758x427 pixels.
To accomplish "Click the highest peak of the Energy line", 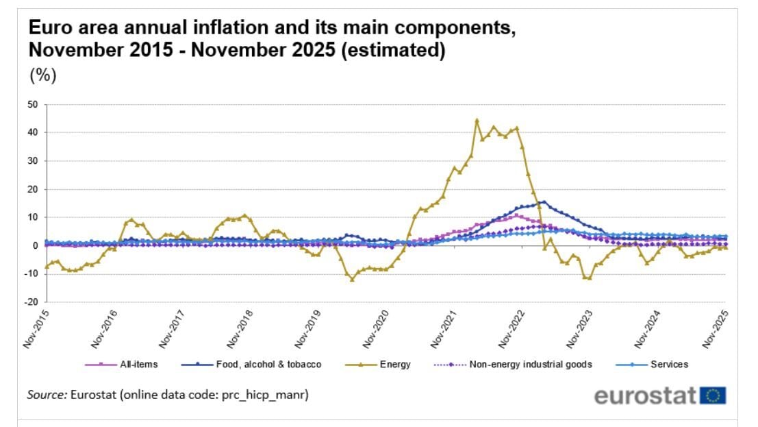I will click(477, 120).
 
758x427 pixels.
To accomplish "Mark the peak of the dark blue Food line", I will click(544, 202).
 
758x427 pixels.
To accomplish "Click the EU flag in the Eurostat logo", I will click(713, 395).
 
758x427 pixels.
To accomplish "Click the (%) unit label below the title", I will click(42, 76).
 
